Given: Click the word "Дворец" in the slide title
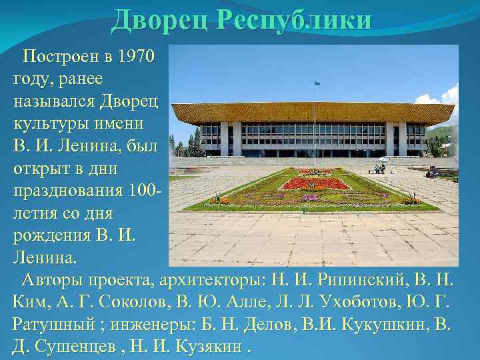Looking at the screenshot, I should [x=161, y=20].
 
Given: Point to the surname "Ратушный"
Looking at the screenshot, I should [x=57, y=325].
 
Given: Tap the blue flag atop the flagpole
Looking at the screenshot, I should [x=317, y=83].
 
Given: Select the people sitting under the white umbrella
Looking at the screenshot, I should [x=380, y=167].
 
